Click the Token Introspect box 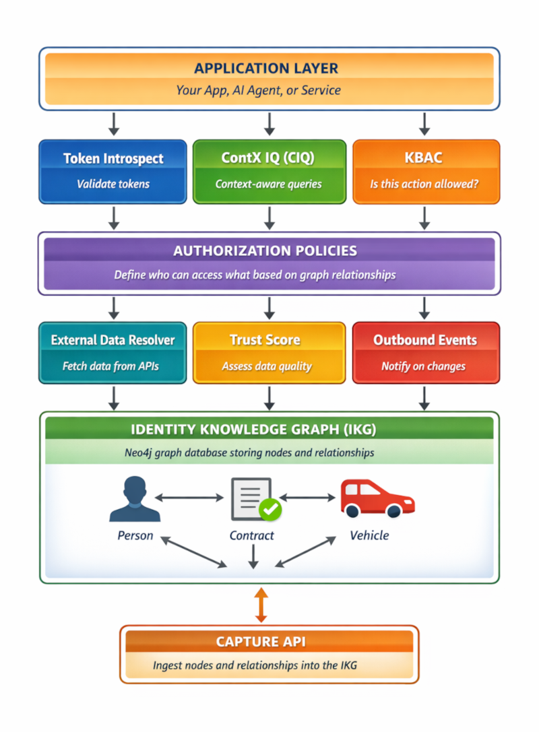coord(113,171)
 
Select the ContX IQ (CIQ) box coord(269,171)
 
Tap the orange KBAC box coord(425,171)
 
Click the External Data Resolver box coord(113,353)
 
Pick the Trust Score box coord(269,353)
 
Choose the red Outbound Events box coord(425,353)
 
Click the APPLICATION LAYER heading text coord(266,68)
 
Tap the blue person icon coord(135,499)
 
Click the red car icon coord(377,498)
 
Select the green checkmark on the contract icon coord(271,510)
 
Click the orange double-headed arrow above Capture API coord(261,604)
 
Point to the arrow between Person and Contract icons coord(189,498)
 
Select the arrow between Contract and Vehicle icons coord(307,498)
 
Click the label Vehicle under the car coord(369,536)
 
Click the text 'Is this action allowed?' coord(424,184)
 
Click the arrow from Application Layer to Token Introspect coord(114,123)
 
